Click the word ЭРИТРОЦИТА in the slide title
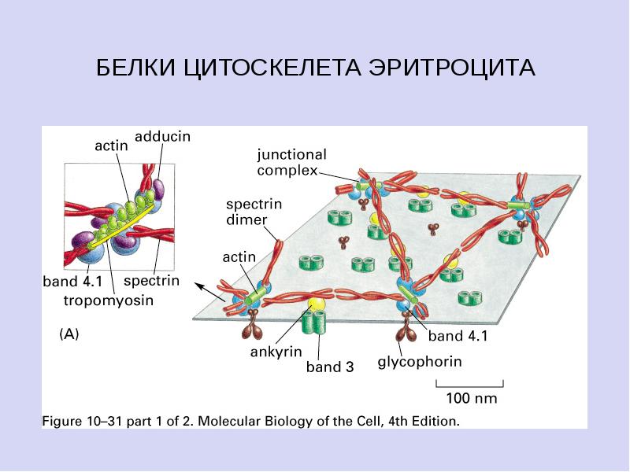click(x=452, y=67)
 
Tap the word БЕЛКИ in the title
click(x=136, y=67)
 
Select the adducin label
click(x=163, y=136)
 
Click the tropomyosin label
click(x=109, y=301)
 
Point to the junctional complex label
click(x=291, y=163)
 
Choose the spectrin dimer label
click(x=254, y=212)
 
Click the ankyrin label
click(x=276, y=352)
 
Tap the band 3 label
click(x=330, y=367)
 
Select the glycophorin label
click(x=420, y=362)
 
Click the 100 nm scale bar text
click(x=472, y=398)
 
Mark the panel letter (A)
click(x=69, y=334)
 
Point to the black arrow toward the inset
click(x=209, y=292)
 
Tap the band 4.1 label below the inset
click(x=72, y=282)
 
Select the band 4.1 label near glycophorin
click(x=458, y=336)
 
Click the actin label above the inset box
click(x=111, y=146)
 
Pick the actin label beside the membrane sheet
click(x=239, y=257)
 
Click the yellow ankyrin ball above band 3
click(x=316, y=304)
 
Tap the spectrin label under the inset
click(x=151, y=281)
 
